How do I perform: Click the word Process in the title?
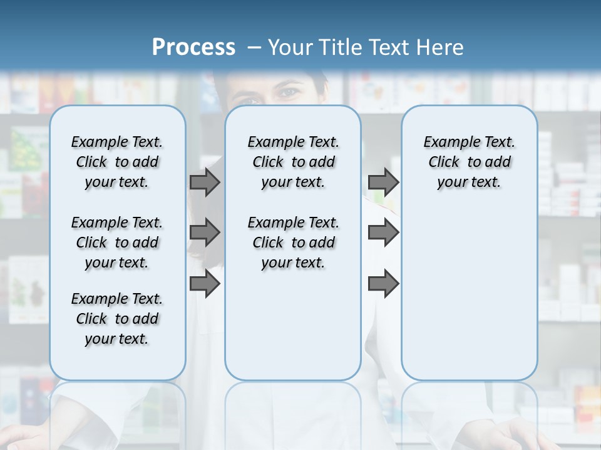(x=193, y=47)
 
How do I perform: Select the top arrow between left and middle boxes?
(x=205, y=182)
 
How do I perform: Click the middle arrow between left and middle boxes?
(x=205, y=232)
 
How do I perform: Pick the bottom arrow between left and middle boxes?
(x=205, y=284)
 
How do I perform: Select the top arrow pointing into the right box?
(x=383, y=182)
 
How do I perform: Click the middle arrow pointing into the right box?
(x=383, y=232)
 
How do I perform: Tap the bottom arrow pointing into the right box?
(x=383, y=284)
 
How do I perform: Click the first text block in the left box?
(x=117, y=162)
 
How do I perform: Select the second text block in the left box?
(x=117, y=242)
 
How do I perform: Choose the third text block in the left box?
(x=117, y=319)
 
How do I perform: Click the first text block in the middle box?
(x=293, y=162)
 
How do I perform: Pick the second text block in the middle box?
(x=293, y=242)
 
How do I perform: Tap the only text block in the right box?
(x=469, y=162)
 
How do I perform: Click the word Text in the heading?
(x=391, y=47)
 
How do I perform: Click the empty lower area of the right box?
(x=469, y=294)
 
